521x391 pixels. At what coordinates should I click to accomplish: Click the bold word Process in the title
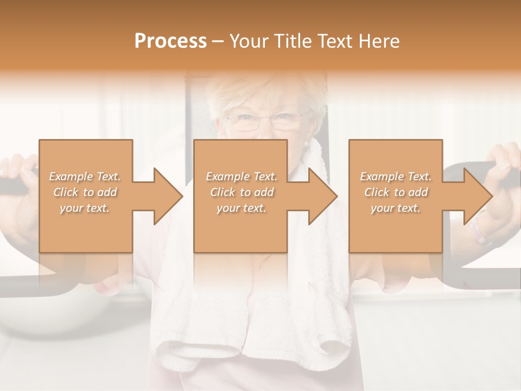(170, 41)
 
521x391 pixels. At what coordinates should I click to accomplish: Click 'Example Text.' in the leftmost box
(85, 176)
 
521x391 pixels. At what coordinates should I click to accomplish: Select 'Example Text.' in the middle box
(241, 176)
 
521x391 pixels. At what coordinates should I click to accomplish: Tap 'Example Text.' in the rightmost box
(396, 176)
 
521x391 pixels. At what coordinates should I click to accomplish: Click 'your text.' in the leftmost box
(85, 208)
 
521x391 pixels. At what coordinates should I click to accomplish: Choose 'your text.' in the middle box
(241, 208)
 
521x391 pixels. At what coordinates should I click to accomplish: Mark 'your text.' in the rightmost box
(396, 208)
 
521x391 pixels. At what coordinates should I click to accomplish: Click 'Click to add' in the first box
(85, 192)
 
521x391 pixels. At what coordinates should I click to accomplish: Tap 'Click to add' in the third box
(396, 192)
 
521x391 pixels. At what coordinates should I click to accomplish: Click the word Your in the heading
(248, 41)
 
